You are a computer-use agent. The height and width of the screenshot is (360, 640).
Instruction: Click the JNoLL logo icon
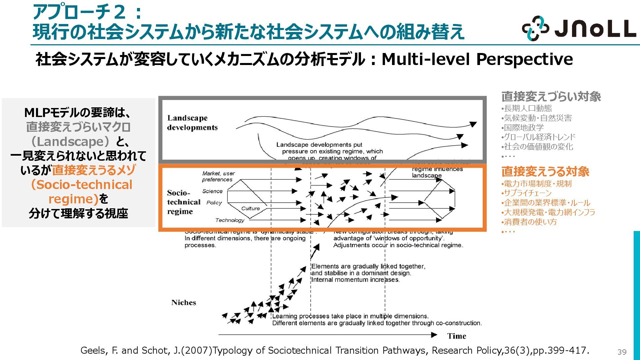tap(535, 28)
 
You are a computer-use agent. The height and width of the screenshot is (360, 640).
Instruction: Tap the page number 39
tap(622, 352)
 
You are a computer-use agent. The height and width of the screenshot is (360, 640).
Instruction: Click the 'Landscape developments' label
tap(192, 123)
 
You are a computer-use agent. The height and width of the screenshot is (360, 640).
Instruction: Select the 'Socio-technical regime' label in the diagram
tap(184, 202)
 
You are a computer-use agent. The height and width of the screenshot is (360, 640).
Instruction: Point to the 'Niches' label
tap(184, 303)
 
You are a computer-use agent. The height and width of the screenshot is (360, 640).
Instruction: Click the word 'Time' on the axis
tap(457, 336)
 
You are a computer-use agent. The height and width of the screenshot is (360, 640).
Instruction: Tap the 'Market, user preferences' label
tap(218, 176)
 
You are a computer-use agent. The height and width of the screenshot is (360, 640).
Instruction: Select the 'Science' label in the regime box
tap(212, 191)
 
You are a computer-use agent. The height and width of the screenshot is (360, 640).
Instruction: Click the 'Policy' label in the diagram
tap(214, 203)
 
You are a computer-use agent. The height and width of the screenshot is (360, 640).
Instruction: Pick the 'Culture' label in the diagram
tap(250, 209)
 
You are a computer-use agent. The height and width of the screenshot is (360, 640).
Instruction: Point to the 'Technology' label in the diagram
tap(230, 220)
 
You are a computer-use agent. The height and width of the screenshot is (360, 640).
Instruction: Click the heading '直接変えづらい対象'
tap(551, 97)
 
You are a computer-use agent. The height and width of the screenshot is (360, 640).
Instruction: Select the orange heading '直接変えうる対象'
tap(545, 172)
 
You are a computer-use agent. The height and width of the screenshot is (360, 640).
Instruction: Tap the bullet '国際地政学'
tap(523, 128)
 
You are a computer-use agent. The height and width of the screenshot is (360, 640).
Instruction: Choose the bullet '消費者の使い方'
tap(530, 222)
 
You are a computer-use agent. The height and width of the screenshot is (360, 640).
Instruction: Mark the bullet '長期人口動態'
tap(528, 108)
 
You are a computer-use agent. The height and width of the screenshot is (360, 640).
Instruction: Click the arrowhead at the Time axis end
tap(434, 335)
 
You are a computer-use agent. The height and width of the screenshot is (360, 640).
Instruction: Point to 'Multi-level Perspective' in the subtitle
tap(477, 59)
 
